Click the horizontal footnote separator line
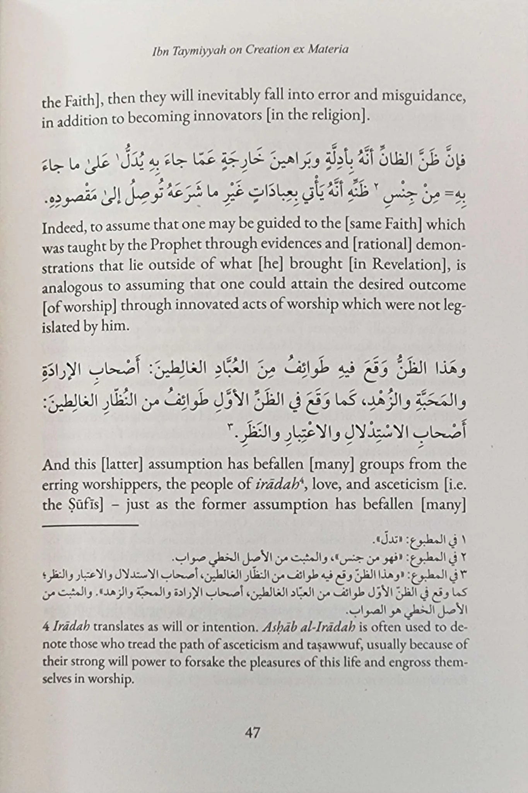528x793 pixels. (x=90, y=525)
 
